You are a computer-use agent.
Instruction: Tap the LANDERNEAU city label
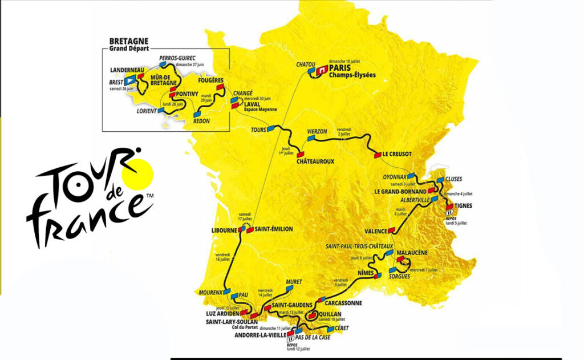[x=124, y=70]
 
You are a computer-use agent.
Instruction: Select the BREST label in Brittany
[x=117, y=82]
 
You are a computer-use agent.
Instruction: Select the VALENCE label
[x=376, y=232]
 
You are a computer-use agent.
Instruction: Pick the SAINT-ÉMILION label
[x=274, y=229]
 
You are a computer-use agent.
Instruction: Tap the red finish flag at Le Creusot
[x=377, y=154]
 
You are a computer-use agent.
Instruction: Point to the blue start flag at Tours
[x=271, y=129]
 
